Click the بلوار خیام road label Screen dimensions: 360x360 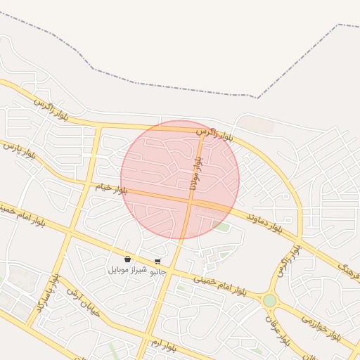[112, 189]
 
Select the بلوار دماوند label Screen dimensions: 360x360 [264, 222]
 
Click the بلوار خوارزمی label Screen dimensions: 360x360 [321, 327]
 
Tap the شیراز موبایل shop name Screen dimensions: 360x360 [127, 270]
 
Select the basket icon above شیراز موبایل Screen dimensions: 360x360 [127, 259]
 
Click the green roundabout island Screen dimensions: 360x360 [269, 300]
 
